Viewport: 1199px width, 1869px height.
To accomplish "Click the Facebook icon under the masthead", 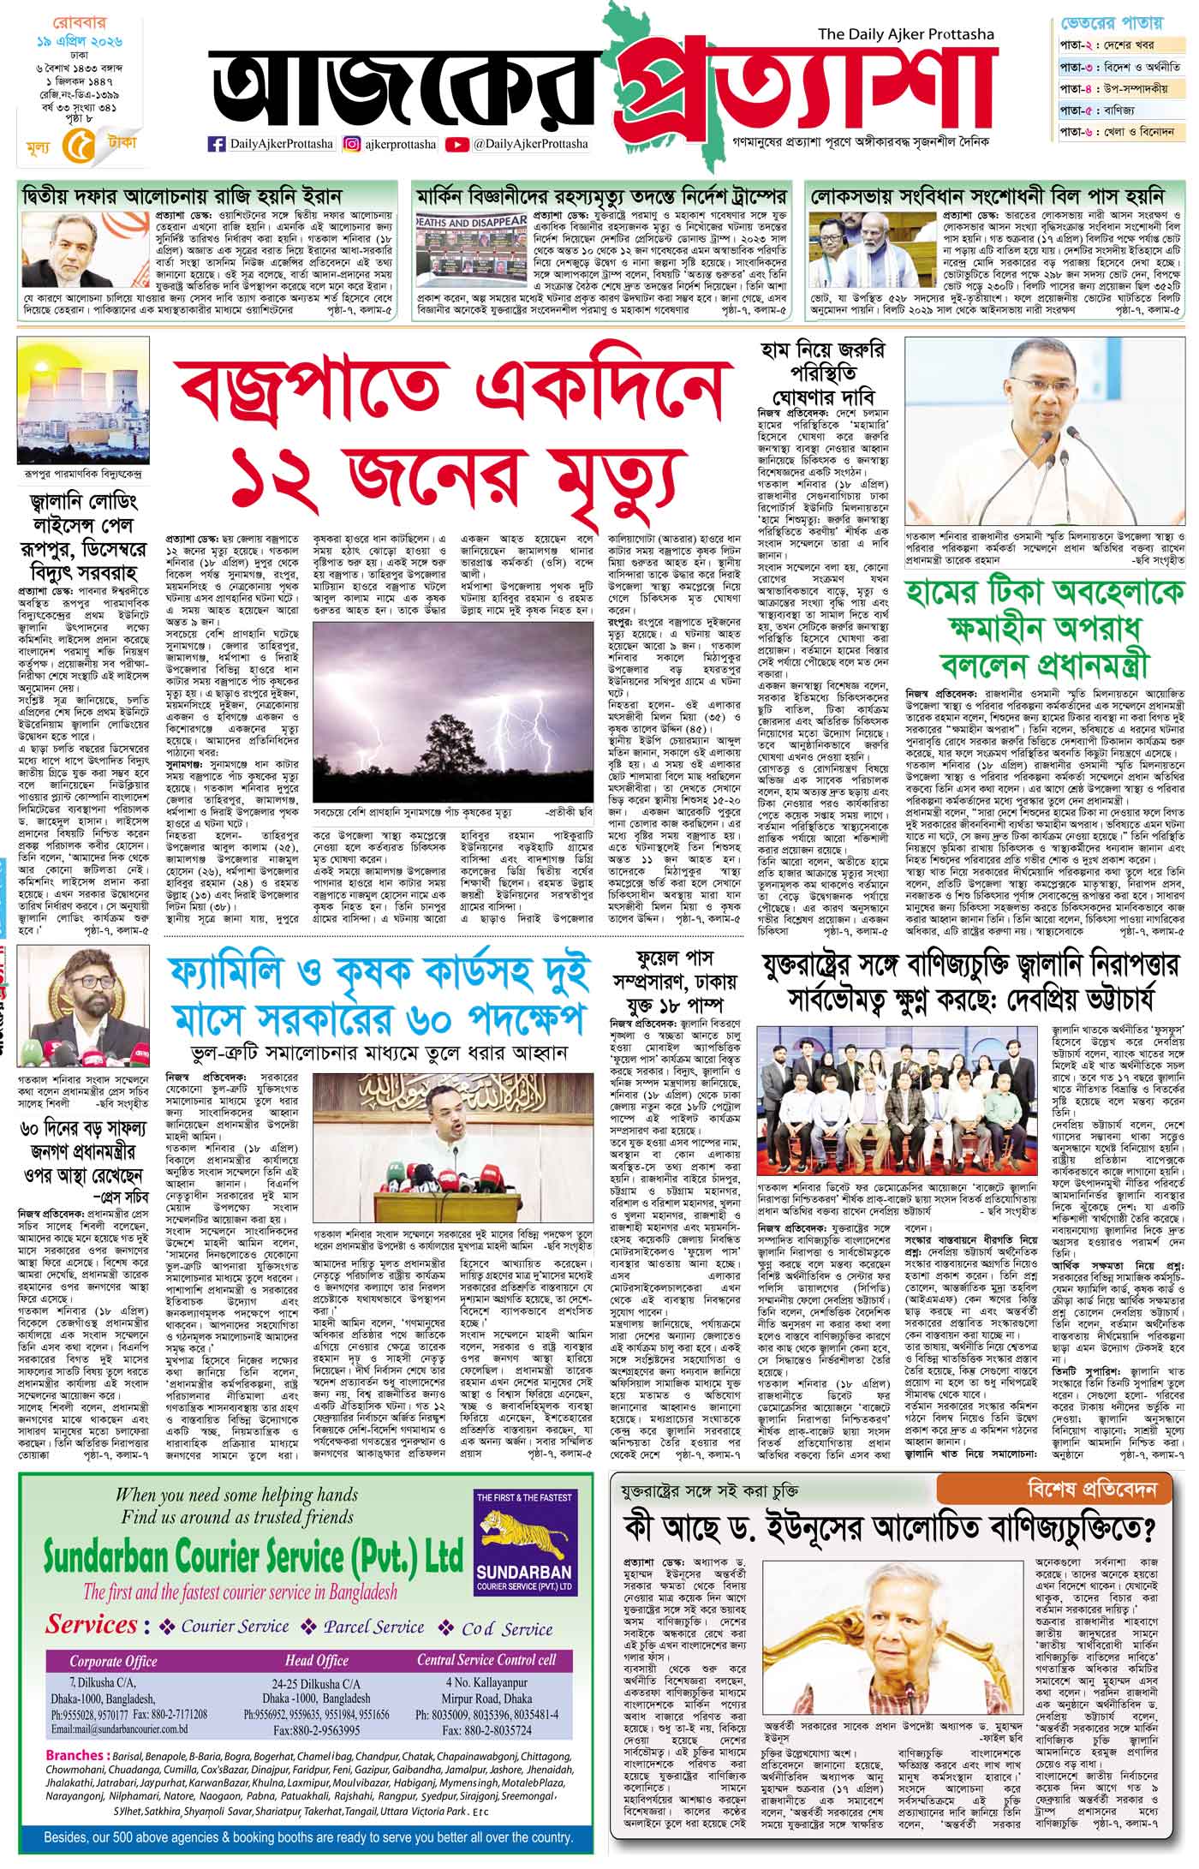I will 217,144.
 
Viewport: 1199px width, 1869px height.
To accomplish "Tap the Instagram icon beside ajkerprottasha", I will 351,144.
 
